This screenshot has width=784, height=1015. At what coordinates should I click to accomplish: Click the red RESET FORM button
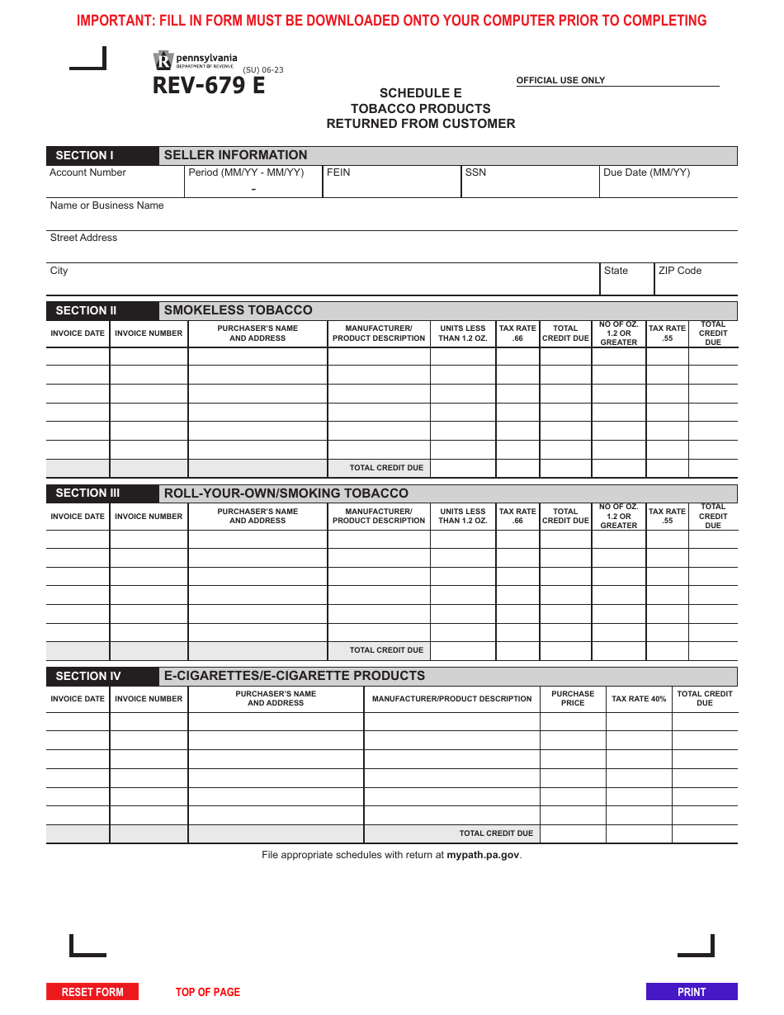[x=92, y=992]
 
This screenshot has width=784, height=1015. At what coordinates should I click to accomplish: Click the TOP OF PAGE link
[x=208, y=992]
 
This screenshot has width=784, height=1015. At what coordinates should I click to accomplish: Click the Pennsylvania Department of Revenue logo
[x=195, y=60]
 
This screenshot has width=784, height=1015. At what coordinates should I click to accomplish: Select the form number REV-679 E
[x=209, y=86]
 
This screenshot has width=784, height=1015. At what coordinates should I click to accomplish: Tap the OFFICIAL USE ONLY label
[x=560, y=81]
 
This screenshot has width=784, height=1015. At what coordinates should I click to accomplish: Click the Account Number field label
[x=87, y=172]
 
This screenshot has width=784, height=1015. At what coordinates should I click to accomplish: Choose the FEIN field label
[x=338, y=172]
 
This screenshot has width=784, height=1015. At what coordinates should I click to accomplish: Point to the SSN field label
[x=475, y=172]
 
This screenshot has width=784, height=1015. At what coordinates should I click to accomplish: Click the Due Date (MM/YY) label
[x=646, y=172]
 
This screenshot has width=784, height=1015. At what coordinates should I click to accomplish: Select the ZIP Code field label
[x=679, y=271]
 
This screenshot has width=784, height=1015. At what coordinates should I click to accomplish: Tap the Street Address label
[x=83, y=238]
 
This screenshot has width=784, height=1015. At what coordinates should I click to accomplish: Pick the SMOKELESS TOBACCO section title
[x=238, y=310]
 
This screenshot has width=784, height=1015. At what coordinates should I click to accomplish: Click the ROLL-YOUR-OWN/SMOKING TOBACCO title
[x=286, y=493]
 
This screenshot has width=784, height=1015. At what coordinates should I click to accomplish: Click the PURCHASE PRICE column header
[x=572, y=699]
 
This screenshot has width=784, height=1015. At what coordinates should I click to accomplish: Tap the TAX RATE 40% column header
[x=638, y=699]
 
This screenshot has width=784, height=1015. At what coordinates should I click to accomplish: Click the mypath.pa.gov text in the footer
[x=483, y=855]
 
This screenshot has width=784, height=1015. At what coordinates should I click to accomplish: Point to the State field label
[x=616, y=271]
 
